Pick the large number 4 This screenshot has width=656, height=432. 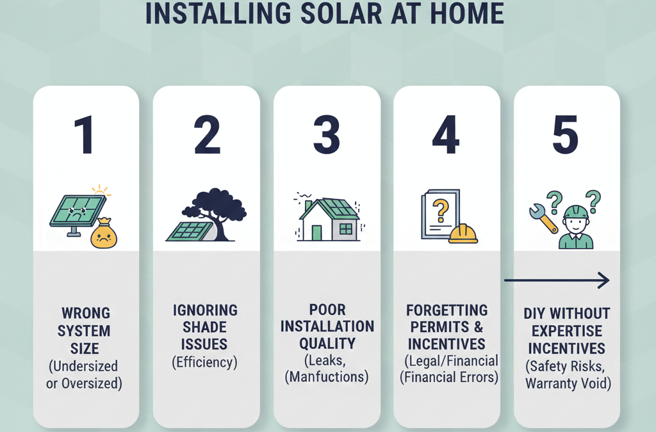(x=447, y=135)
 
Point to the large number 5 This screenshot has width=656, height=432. (x=565, y=135)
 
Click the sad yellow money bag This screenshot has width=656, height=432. (x=104, y=234)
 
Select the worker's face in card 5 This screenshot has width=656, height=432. (x=576, y=225)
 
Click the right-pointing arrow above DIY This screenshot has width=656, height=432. (x=556, y=280)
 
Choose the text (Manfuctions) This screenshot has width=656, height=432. (x=327, y=377)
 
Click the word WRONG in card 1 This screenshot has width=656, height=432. (x=85, y=314)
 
